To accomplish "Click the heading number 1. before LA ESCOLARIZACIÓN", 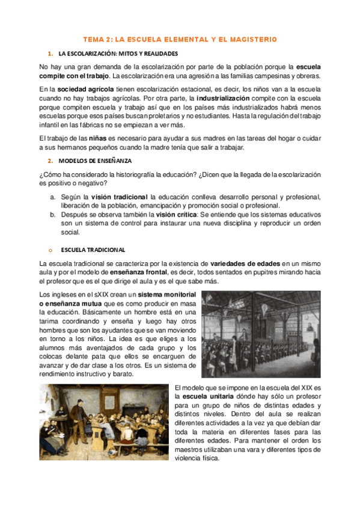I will point(50,54).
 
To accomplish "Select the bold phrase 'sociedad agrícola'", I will point(83,90).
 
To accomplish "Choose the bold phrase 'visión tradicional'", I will point(118,197).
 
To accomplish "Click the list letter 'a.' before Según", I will point(53,197).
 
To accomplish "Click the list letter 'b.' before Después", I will point(53,214).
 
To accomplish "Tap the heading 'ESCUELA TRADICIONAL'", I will point(91,249).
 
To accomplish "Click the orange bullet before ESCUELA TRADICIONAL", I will point(50,249).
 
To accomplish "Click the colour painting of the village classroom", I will point(103,423).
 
